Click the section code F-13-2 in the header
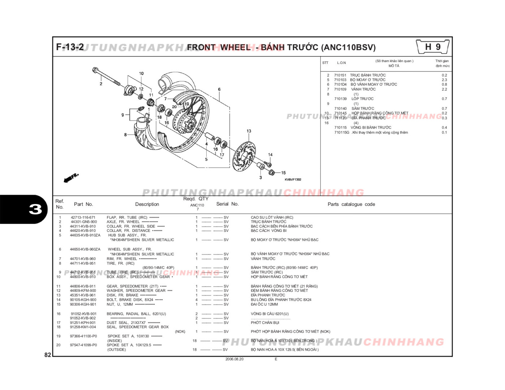point(70,47)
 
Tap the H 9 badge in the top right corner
point(432,47)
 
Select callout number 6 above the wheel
point(219,89)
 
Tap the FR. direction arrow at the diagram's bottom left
point(71,178)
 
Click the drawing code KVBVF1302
point(293,179)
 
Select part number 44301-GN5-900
point(84,222)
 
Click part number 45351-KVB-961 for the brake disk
point(83,295)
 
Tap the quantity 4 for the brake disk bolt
point(197,300)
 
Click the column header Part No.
point(83,204)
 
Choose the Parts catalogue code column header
point(351,204)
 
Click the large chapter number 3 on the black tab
point(35,209)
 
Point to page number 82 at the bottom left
point(48,355)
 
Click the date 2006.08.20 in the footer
point(234,359)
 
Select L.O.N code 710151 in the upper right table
point(340,75)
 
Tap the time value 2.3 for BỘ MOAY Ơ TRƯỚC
point(444,80)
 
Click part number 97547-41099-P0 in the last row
point(83,345)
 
